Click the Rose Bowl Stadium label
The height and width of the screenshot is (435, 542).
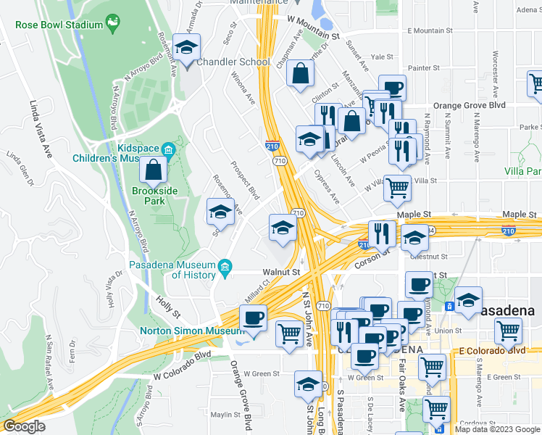59,25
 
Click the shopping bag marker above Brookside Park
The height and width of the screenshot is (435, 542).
154,171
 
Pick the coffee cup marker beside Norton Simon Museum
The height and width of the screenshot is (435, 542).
253,318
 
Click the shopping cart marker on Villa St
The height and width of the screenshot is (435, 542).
397,188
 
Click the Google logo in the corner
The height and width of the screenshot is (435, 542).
24,426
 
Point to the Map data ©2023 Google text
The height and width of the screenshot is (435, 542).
496,429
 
